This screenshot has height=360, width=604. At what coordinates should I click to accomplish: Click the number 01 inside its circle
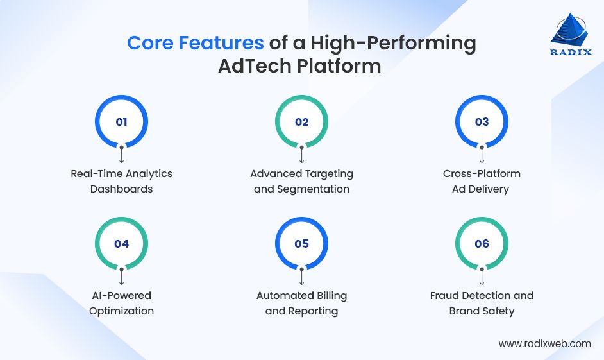(121, 122)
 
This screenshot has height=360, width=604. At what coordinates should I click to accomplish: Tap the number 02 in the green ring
(301, 122)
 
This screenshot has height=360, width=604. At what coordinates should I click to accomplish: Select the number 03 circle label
(482, 122)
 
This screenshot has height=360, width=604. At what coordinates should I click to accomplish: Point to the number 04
(121, 244)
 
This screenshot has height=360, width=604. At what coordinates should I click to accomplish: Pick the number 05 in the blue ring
(301, 244)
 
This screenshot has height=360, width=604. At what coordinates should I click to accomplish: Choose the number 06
(482, 244)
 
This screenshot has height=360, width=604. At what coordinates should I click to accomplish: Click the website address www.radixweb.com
(544, 343)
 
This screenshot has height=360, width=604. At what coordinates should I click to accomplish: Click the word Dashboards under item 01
(122, 189)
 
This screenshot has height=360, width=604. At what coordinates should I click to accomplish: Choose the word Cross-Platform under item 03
(482, 173)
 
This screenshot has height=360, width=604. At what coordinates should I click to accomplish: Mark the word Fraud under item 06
(444, 296)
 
